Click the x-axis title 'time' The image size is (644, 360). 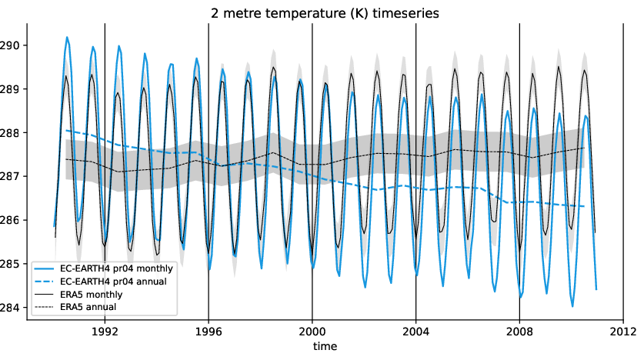pyautogui.click(x=324, y=348)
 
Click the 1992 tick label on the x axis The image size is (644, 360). pyautogui.click(x=105, y=332)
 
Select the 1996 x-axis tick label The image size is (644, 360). pyautogui.click(x=209, y=332)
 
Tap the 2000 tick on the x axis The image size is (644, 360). pyautogui.click(x=312, y=332)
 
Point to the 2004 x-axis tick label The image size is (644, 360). pyautogui.click(x=415, y=332)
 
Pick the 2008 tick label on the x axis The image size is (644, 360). pyautogui.click(x=519, y=332)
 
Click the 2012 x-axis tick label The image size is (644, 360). pyautogui.click(x=622, y=332)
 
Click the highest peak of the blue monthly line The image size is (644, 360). pyautogui.click(x=67, y=37)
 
